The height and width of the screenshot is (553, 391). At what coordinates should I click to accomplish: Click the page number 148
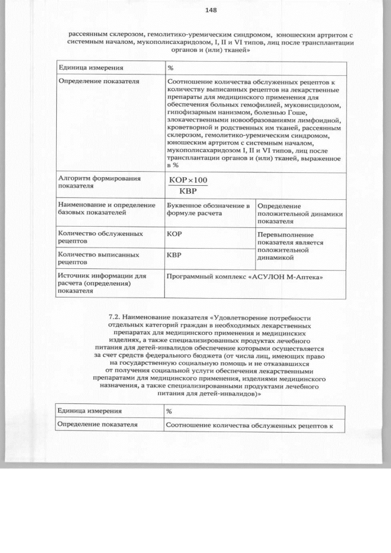211,10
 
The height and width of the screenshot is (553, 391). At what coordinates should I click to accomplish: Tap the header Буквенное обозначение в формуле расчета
208,209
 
